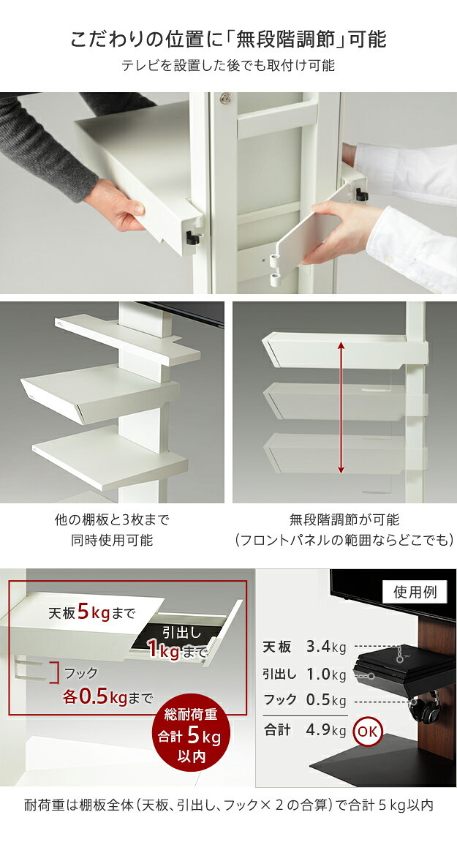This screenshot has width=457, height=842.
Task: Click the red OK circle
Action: pyautogui.click(x=367, y=731)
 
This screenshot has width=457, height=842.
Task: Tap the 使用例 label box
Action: pyautogui.click(x=415, y=593)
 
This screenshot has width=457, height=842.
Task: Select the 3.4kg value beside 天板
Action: pyautogui.click(x=326, y=647)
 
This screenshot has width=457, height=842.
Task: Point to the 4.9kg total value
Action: pyautogui.click(x=326, y=730)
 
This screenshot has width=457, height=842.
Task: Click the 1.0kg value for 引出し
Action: pyautogui.click(x=326, y=674)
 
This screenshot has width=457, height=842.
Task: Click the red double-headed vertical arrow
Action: pyautogui.click(x=341, y=408)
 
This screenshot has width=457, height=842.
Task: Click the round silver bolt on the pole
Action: pyautogui.click(x=226, y=98)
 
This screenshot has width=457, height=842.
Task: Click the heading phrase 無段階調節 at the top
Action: pyautogui.click(x=287, y=40)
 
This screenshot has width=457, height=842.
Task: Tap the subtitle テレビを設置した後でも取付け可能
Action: pyautogui.click(x=228, y=66)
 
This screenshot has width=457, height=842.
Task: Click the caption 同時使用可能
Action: pyautogui.click(x=112, y=540)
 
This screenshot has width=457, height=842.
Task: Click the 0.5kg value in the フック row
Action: pyautogui.click(x=326, y=700)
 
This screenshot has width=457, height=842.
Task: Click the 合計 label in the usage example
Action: pyautogui.click(x=278, y=730)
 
